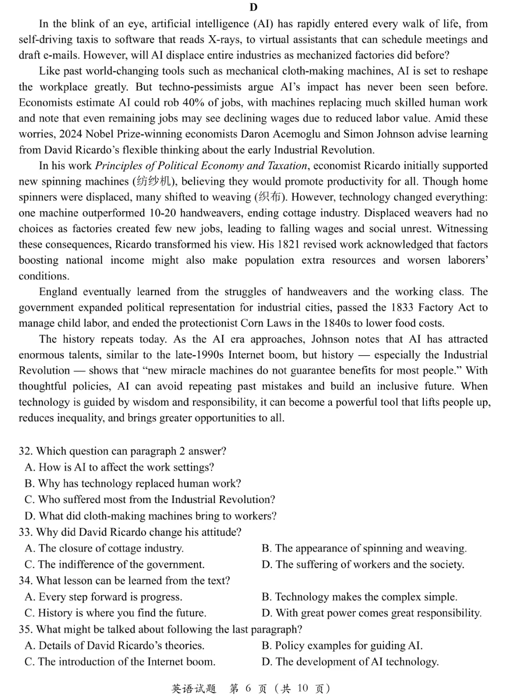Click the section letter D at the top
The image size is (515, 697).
tap(253, 7)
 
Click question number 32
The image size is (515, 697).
tap(26, 451)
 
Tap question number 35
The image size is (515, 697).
tap(26, 629)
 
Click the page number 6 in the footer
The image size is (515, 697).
tap(248, 688)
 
